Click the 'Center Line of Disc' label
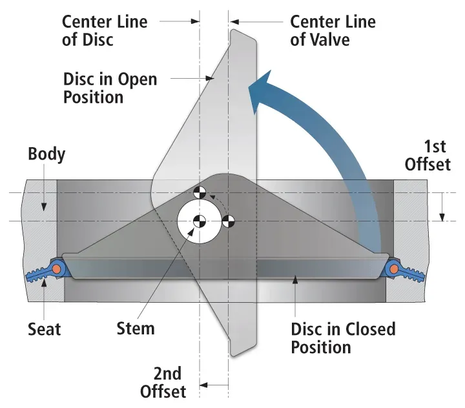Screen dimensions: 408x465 coord(105,30)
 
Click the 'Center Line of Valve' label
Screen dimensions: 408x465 coord(333,30)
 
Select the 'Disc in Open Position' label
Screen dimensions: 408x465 coord(110,88)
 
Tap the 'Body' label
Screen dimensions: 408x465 coord(46,155)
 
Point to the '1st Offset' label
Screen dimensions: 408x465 coord(428,154)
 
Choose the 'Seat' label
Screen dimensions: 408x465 coord(44,329)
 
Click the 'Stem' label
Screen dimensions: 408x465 coord(136,328)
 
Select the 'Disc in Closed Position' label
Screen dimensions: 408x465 coord(343,338)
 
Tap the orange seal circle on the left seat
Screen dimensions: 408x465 coord(58,268)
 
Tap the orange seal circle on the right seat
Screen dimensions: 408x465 coord(394,268)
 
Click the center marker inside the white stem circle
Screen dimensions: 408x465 coord(199,221)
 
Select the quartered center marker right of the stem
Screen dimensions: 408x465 coord(228,221)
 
